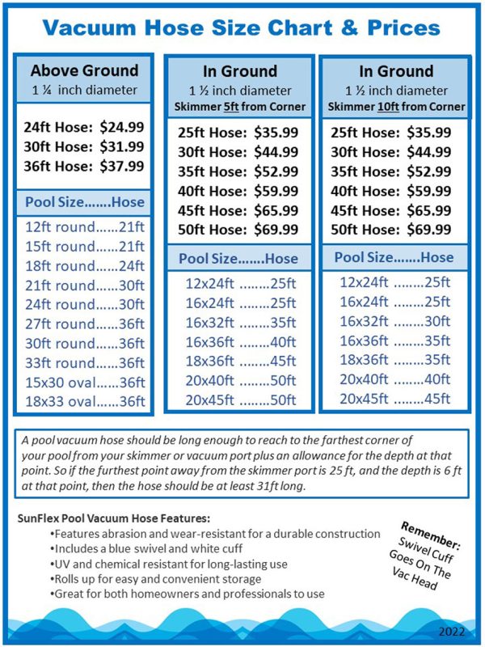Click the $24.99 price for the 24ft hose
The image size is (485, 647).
[x=123, y=126]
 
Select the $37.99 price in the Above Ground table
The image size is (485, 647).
[x=123, y=167]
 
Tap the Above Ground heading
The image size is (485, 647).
[x=84, y=70]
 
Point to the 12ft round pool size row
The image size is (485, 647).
[x=84, y=227]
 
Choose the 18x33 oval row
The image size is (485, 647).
[x=84, y=402]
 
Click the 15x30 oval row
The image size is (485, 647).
[x=84, y=383]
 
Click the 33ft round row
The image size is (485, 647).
[x=84, y=363]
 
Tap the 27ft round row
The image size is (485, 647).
[x=84, y=324]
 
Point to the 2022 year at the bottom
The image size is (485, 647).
[x=453, y=629]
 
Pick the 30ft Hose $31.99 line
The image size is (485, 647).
[x=84, y=146]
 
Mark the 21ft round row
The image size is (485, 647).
[x=84, y=285]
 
